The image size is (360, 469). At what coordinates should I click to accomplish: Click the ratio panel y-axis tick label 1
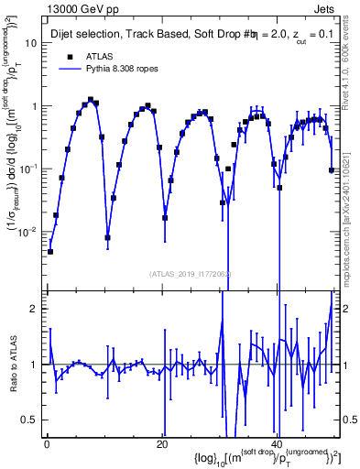(x=34, y=365)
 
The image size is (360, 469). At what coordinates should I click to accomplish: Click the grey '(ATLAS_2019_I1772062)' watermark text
(x=191, y=273)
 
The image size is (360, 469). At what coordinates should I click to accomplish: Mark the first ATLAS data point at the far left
(x=50, y=251)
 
